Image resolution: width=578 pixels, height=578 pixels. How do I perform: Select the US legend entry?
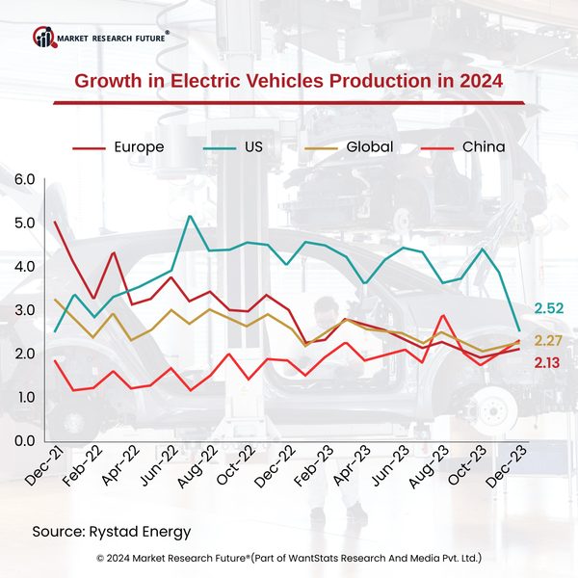pos(253,146)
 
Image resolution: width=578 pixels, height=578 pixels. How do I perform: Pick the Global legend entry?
pos(369,146)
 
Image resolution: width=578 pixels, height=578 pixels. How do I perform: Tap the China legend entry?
pos(484,146)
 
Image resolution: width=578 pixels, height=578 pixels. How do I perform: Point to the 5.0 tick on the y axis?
pos(23,223)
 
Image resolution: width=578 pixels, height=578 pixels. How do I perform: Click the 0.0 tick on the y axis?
pos(23,441)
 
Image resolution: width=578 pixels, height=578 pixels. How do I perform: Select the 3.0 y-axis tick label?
pos(23,310)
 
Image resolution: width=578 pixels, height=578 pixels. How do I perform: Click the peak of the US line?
pos(190,216)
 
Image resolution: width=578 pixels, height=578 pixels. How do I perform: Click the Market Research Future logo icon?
pos(44,38)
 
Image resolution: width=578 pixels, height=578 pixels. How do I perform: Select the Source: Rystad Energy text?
pos(111,531)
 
